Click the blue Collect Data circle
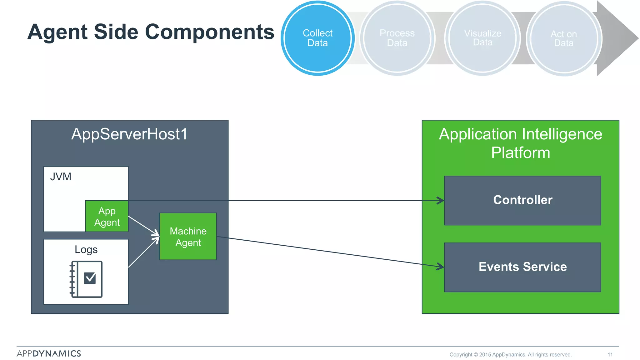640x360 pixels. click(317, 38)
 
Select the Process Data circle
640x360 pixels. click(397, 38)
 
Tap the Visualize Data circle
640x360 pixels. click(482, 38)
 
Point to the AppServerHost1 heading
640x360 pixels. click(129, 134)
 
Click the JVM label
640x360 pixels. click(61, 177)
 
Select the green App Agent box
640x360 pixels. click(107, 217)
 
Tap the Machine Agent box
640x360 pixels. click(188, 237)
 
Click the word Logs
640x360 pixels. click(86, 250)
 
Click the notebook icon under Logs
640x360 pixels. click(86, 279)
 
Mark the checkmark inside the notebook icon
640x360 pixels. click(90, 277)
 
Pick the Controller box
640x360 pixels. click(522, 200)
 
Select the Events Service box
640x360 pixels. click(522, 267)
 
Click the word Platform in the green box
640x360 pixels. click(520, 153)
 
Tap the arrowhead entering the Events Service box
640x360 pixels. click(441, 267)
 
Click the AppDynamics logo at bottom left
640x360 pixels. click(49, 353)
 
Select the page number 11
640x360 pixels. click(610, 354)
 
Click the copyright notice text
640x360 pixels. click(510, 354)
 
